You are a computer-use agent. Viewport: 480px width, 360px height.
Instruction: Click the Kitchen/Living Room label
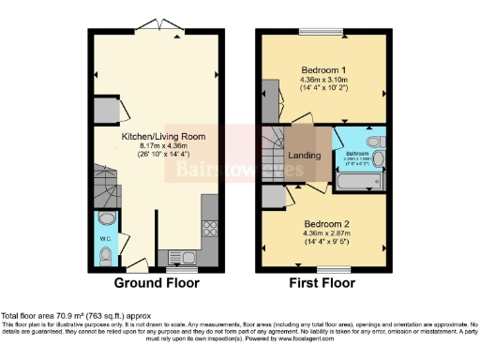pos(163,137)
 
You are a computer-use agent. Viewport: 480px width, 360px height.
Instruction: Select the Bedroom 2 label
pos(324,224)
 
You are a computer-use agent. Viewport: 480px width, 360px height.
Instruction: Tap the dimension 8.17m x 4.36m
pos(163,147)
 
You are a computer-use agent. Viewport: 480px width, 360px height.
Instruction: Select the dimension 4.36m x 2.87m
pos(324,234)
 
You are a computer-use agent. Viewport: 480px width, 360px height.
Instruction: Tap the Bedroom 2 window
pos(324,268)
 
